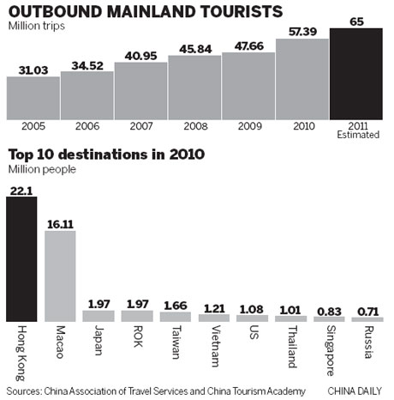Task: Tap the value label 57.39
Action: click(302, 32)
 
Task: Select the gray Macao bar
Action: click(60, 275)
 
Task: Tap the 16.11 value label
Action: click(59, 222)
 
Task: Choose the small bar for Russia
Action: click(368, 317)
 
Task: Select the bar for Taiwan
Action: click(175, 316)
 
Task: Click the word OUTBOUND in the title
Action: click(55, 12)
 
